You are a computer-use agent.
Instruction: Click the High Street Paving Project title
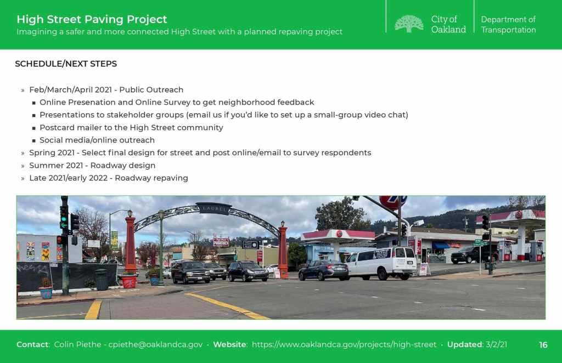(92, 19)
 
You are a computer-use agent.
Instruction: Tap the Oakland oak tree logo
(409, 24)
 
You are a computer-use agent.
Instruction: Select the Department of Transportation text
(508, 24)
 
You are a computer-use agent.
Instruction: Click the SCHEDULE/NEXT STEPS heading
(66, 64)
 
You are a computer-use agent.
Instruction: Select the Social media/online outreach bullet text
(97, 140)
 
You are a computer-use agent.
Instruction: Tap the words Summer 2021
(57, 166)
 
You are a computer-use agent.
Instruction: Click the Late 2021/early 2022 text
(69, 178)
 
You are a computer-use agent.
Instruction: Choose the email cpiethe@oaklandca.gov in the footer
(155, 344)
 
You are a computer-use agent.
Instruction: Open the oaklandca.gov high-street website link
(344, 344)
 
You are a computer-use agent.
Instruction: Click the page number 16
(543, 345)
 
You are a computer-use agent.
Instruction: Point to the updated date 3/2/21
(496, 344)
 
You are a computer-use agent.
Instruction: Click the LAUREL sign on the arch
(215, 208)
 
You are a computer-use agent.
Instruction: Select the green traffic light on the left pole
(64, 219)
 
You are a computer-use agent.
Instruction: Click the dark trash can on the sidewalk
(102, 280)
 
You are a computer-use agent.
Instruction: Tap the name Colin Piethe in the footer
(78, 344)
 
